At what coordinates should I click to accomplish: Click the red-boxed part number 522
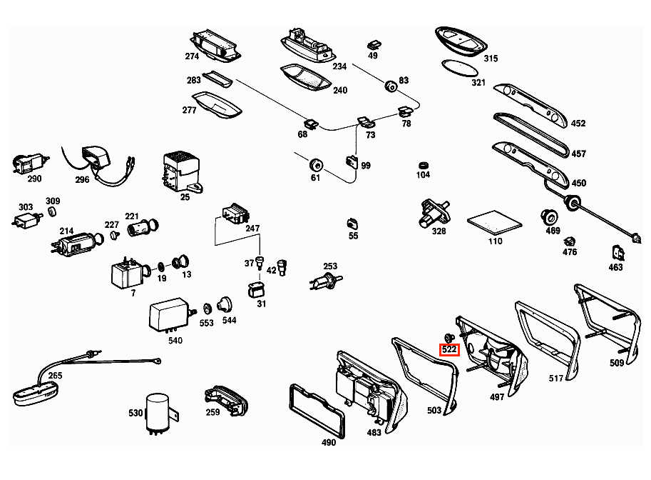pos(449,350)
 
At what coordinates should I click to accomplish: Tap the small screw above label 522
pos(448,337)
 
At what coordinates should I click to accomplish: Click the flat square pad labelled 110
pos(494,223)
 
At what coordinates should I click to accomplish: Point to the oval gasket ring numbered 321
pos(460,67)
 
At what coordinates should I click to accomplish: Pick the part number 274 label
pos(192,56)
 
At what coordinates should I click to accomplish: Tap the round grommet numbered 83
pos(391,86)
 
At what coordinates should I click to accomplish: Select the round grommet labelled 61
pos(316,164)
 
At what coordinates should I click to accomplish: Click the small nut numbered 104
pos(424,165)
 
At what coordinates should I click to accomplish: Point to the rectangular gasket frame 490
pos(317,411)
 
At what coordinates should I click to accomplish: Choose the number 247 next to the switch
pos(252,229)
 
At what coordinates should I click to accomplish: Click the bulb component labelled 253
pos(326,281)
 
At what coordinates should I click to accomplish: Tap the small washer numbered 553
pos(206,309)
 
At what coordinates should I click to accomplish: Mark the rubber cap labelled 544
pos(225,304)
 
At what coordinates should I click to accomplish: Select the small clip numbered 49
pos(374,45)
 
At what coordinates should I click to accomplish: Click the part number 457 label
pos(578,154)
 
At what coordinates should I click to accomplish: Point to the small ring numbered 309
pos(52,211)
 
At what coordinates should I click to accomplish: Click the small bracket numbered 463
pos(618,252)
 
